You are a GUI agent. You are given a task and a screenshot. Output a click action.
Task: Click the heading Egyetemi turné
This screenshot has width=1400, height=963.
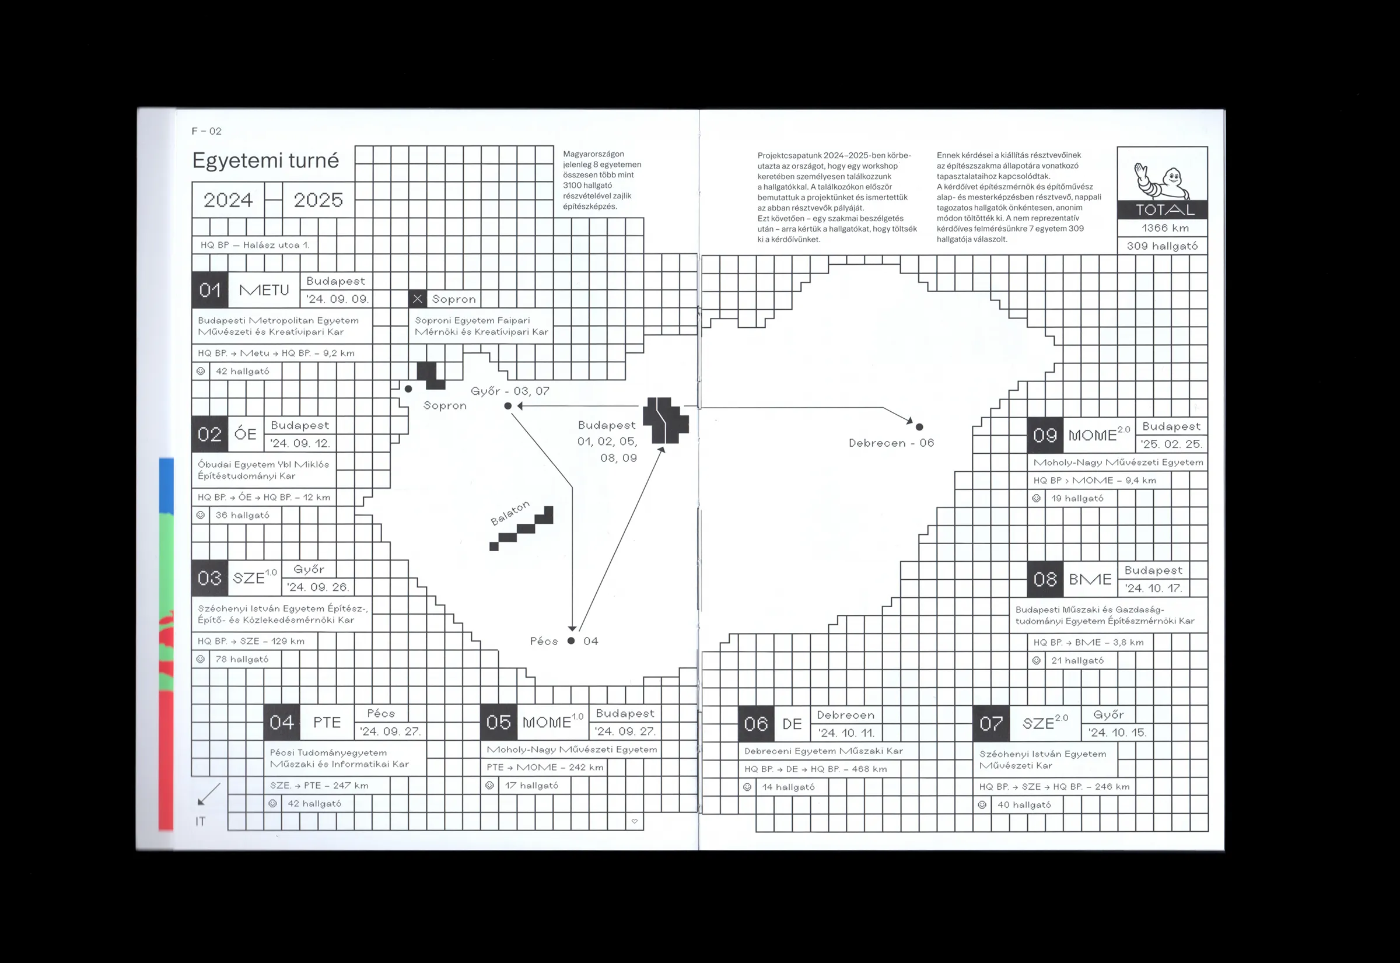click(x=265, y=160)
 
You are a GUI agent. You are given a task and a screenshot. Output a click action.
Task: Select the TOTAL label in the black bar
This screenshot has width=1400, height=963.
click(x=1165, y=210)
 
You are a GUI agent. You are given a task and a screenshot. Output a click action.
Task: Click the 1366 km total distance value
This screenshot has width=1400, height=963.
click(x=1165, y=228)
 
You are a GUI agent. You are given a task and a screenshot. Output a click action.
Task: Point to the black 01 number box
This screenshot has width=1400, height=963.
click(x=210, y=290)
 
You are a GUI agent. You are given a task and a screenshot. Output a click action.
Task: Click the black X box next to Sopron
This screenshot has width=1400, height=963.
click(x=417, y=299)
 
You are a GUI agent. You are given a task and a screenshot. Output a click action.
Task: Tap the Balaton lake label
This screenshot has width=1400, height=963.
click(x=510, y=513)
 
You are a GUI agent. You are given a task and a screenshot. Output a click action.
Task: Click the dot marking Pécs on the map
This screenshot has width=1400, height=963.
click(x=571, y=641)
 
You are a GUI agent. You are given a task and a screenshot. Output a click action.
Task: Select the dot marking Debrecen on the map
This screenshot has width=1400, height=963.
click(x=919, y=426)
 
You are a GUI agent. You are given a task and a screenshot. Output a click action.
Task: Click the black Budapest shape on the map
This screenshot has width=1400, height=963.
click(x=665, y=420)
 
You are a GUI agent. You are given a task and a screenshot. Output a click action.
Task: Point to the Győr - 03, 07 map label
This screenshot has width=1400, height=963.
click(x=510, y=391)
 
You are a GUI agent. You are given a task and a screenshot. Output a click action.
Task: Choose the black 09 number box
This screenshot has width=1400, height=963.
click(x=1045, y=435)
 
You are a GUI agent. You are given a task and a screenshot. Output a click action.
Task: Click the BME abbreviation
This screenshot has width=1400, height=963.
click(x=1090, y=579)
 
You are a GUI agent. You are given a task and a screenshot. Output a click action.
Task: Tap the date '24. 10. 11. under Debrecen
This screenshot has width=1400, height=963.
click(x=846, y=733)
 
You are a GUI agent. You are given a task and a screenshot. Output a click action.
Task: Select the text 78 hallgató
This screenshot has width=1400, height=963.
click(x=242, y=660)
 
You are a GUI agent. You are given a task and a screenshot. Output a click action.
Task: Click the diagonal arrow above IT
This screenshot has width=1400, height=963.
click(x=209, y=794)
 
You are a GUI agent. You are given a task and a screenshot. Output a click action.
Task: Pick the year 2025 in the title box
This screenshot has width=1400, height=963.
click(x=318, y=199)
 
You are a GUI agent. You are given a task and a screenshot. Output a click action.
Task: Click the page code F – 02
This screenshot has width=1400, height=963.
click(x=206, y=131)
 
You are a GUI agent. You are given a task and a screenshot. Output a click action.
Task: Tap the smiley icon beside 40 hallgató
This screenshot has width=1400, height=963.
click(x=982, y=805)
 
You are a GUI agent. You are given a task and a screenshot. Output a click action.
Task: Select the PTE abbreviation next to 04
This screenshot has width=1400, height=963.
click(x=327, y=722)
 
